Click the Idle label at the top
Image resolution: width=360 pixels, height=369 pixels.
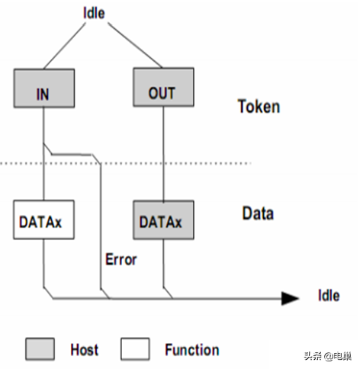[94, 13]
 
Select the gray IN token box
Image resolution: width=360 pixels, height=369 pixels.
[44, 88]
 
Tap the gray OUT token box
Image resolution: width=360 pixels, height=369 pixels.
[163, 87]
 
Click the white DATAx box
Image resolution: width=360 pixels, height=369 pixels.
[43, 220]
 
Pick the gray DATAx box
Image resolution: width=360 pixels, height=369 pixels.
[163, 220]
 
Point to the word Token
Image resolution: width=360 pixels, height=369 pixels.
[259, 106]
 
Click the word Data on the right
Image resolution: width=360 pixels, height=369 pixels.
[258, 213]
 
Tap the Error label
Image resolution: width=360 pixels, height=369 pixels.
[121, 259]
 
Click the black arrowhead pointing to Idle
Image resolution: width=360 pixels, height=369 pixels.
[290, 298]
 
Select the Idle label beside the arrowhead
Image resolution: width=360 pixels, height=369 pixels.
[329, 295]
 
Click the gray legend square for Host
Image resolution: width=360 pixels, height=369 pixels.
[40, 348]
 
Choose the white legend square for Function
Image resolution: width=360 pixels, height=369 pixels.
[135, 348]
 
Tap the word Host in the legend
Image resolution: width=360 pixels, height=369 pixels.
[84, 349]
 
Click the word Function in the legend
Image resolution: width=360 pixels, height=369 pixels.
[192, 350]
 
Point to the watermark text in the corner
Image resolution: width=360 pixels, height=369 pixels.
[328, 356]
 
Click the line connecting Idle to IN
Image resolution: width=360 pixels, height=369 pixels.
[65, 46]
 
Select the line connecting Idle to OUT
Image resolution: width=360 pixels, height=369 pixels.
[135, 45]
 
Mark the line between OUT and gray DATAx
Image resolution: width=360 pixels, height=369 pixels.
[163, 153]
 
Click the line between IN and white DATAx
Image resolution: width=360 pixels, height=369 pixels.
[43, 154]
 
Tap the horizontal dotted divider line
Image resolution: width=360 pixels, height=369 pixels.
[125, 163]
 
